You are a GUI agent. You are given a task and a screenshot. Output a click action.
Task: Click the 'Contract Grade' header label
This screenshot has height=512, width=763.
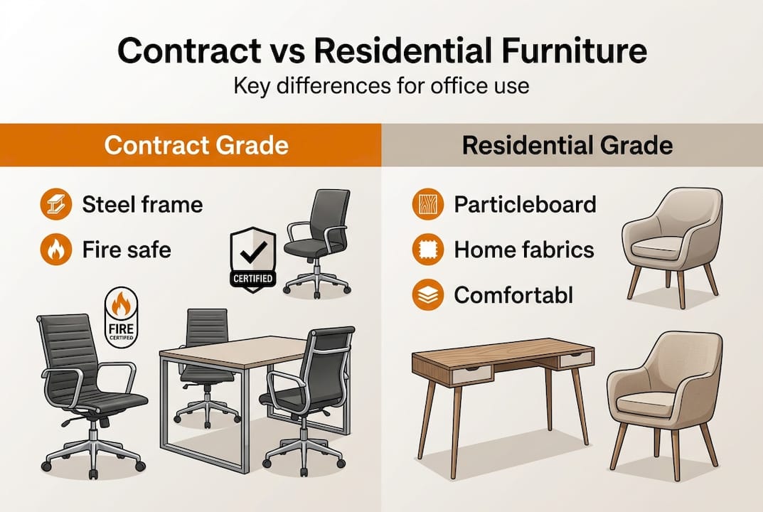(196, 145)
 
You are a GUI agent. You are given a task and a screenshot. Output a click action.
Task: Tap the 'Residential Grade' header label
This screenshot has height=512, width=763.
(567, 145)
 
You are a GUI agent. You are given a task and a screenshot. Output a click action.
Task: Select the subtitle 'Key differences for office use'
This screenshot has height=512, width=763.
(381, 87)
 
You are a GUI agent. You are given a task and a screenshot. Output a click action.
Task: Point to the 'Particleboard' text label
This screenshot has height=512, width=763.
(525, 205)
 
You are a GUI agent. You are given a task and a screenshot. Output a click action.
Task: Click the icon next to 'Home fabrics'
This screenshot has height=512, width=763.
(425, 250)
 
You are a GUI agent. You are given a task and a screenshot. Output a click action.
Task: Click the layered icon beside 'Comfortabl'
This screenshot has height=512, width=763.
(425, 294)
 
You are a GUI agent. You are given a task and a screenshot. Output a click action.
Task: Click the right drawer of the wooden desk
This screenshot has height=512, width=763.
(576, 360)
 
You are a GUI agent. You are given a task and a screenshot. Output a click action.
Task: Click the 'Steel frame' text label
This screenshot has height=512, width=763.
(142, 205)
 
